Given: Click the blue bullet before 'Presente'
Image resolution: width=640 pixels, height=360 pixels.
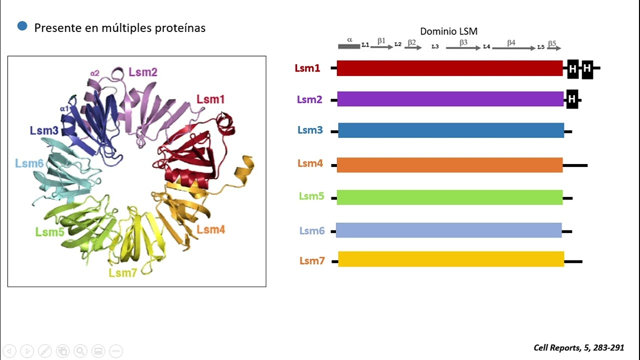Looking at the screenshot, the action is pyautogui.click(x=22, y=26).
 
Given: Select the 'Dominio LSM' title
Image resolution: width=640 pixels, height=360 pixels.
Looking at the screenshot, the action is pyautogui.click(x=448, y=31).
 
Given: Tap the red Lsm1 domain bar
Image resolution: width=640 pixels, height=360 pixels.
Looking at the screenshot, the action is pyautogui.click(x=449, y=68).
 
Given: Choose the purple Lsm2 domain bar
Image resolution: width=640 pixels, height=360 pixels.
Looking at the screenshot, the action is pyautogui.click(x=450, y=99).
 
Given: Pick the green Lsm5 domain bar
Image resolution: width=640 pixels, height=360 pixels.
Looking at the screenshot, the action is pyautogui.click(x=449, y=197).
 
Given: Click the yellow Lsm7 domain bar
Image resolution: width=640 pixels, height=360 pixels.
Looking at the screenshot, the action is pyautogui.click(x=451, y=259).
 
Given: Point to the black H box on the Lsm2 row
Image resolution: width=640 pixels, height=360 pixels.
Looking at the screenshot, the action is pyautogui.click(x=572, y=99).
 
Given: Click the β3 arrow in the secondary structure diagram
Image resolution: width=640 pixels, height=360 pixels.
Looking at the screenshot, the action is pyautogui.click(x=463, y=48).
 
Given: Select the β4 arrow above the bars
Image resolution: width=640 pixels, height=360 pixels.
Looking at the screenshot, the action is pyautogui.click(x=513, y=48).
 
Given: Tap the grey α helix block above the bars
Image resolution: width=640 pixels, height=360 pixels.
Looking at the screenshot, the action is pyautogui.click(x=349, y=46).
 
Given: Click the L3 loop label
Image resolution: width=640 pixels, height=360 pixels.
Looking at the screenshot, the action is pyautogui.click(x=435, y=46).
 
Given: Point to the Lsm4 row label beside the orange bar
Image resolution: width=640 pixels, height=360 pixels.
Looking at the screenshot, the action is pyautogui.click(x=310, y=163).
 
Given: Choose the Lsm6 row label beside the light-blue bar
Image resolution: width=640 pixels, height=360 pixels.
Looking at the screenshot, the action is pyautogui.click(x=312, y=230).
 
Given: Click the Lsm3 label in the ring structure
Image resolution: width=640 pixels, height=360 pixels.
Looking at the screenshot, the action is pyautogui.click(x=44, y=130).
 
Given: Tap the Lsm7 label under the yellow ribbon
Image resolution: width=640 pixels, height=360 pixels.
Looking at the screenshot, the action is pyautogui.click(x=123, y=273).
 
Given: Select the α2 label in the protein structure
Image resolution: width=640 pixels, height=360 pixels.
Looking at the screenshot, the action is pyautogui.click(x=95, y=73).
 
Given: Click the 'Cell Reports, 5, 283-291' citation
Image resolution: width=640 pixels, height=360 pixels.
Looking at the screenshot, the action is pyautogui.click(x=579, y=347).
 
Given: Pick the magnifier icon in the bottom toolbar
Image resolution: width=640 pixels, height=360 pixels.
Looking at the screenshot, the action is pyautogui.click(x=80, y=351).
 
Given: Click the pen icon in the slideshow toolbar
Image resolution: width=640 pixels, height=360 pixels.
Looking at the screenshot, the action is pyautogui.click(x=45, y=351).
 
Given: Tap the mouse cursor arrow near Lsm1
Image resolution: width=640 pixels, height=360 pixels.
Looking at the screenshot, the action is pyautogui.click(x=223, y=115).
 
